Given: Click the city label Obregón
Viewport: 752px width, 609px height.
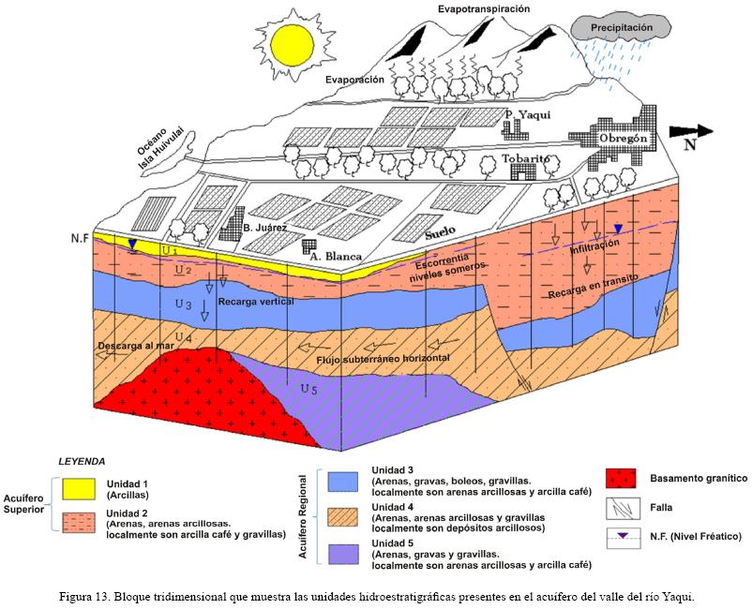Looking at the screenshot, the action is (624, 140).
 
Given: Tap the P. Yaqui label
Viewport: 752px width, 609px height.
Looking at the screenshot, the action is (526, 115).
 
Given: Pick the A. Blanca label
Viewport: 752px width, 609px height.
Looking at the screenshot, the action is (338, 253).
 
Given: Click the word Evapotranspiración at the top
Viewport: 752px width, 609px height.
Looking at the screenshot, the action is (484, 9).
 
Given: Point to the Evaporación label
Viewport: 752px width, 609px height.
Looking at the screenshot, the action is (355, 81).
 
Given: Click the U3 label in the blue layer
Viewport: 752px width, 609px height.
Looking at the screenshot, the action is (183, 305).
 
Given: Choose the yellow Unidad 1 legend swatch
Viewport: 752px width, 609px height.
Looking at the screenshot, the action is (81, 488).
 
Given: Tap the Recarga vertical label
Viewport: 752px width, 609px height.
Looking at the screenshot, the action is (256, 303).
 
